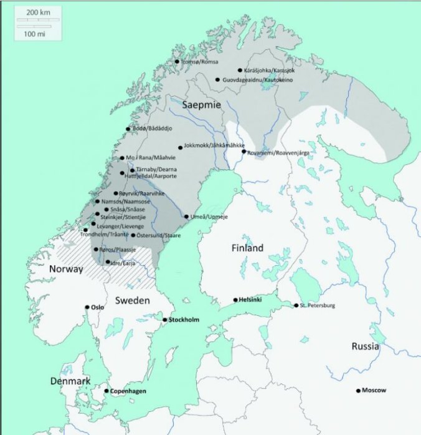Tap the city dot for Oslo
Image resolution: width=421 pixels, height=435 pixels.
tap(87, 307)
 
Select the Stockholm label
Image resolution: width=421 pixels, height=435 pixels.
tap(184, 320)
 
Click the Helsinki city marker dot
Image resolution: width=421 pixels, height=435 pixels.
tap(235, 300)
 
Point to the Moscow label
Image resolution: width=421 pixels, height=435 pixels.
tap(374, 391)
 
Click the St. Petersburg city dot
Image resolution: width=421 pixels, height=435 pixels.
tap(296, 305)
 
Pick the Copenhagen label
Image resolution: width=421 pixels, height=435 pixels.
tap(128, 391)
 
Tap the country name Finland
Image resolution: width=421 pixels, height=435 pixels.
tap(248, 248)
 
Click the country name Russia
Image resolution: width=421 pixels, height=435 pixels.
tap(365, 346)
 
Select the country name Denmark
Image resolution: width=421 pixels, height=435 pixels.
tap(70, 381)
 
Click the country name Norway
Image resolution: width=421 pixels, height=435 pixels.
tap(65, 270)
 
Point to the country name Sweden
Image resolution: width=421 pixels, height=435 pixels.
tap(133, 300)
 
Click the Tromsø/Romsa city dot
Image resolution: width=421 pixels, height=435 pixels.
tap(177, 61)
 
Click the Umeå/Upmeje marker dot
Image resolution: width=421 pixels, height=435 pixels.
tap(186, 217)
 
